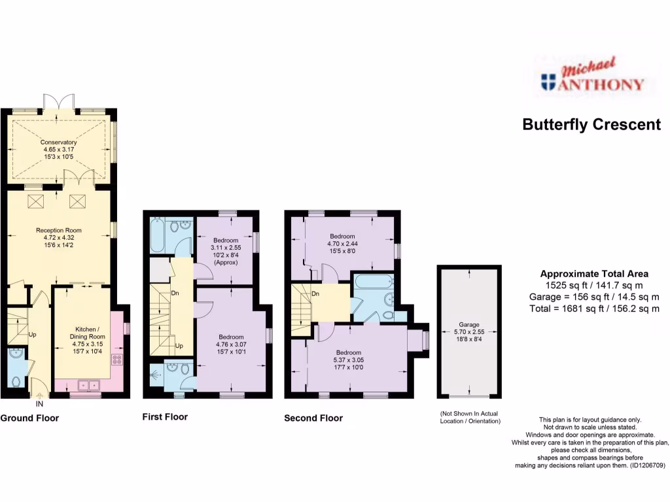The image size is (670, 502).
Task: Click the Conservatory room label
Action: coord(59,142)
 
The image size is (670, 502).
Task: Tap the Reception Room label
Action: coord(59,230)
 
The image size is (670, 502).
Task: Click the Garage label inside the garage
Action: coord(468,325)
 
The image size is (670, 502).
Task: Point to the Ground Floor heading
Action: coord(29,418)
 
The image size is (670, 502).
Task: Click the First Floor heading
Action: coord(165,417)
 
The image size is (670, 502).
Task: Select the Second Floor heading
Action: coord(313,418)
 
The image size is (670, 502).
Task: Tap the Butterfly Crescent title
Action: coord(591,125)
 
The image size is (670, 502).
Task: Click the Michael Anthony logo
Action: coord(592,76)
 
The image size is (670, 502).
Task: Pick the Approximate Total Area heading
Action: coord(594,275)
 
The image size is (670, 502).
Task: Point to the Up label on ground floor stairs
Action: coord(32,335)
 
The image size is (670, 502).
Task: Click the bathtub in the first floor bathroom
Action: coord(158,236)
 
